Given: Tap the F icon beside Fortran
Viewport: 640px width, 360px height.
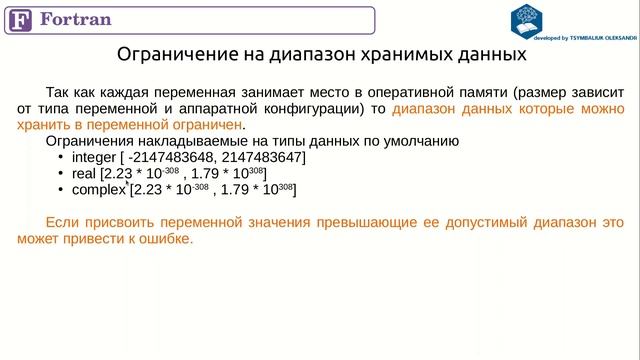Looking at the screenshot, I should pyautogui.click(x=21, y=20).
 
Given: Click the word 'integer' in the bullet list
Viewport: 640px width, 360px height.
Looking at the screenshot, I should pyautogui.click(x=93, y=158).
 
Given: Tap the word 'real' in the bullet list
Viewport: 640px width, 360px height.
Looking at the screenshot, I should pyautogui.click(x=83, y=174).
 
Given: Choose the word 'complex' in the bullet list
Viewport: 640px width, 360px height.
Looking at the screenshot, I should pyautogui.click(x=99, y=189).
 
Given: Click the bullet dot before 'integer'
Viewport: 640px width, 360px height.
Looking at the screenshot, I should pyautogui.click(x=61, y=158).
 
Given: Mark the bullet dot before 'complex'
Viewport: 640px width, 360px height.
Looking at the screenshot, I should pyautogui.click(x=61, y=189).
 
